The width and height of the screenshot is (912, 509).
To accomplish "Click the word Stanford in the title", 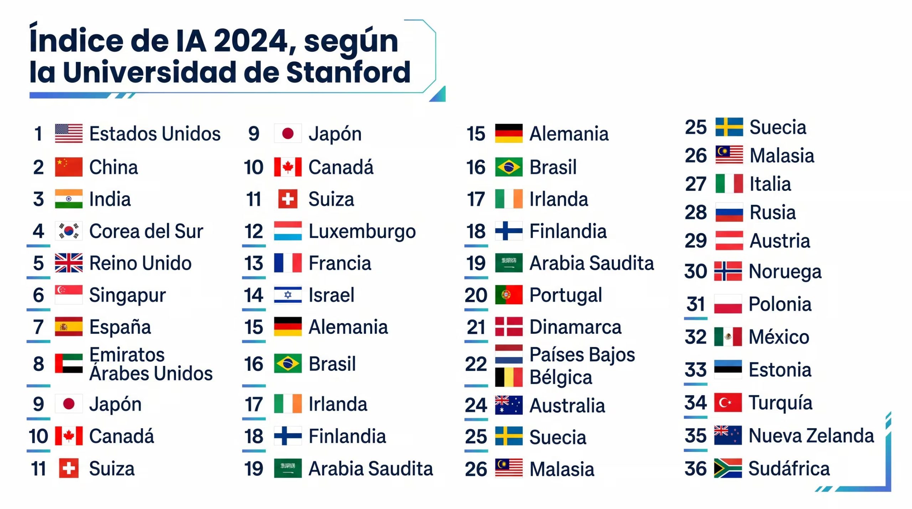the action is [x=349, y=72].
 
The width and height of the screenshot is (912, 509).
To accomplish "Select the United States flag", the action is [x=69, y=134].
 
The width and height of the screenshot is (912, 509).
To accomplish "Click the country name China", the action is [x=113, y=167].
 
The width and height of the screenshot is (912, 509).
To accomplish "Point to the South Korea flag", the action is [x=69, y=231].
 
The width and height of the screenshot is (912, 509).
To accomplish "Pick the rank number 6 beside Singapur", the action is [x=38, y=295].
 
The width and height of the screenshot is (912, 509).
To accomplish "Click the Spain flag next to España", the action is [x=69, y=327].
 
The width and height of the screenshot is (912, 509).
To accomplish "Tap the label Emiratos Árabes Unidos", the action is [x=151, y=364].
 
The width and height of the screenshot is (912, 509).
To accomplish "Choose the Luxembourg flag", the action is [x=288, y=231].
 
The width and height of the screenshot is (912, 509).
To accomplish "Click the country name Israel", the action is [x=331, y=295].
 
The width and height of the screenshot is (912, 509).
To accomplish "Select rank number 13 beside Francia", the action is [x=254, y=263].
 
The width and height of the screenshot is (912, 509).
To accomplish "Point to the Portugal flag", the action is [x=509, y=295].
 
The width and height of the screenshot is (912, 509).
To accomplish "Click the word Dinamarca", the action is [x=575, y=327].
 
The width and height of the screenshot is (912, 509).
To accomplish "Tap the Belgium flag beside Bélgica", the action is [x=509, y=377].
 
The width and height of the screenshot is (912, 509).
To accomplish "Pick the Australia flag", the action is [x=509, y=405].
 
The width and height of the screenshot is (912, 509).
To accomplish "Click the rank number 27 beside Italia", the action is [x=695, y=184].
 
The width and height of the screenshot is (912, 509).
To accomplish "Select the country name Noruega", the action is [x=785, y=271].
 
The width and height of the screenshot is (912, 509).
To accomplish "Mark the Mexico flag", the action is [x=728, y=337].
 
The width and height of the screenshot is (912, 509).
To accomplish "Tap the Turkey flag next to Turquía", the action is [x=728, y=402].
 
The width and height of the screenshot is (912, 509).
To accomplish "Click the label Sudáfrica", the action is [x=789, y=468].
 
